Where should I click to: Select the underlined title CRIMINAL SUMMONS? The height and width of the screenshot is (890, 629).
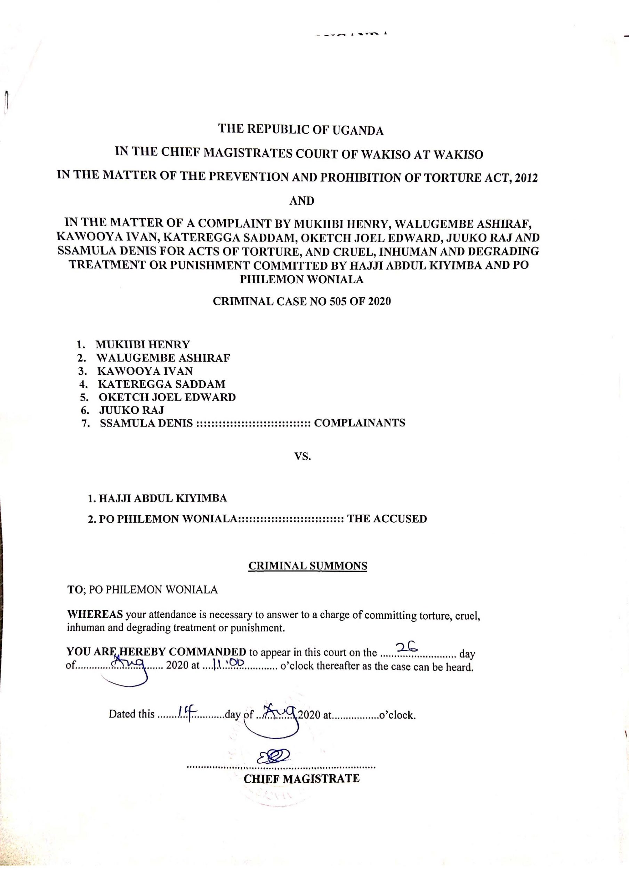point(307,566)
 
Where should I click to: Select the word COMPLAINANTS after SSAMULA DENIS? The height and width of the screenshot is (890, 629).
point(359,422)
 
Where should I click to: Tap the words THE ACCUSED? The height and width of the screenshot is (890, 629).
point(387,519)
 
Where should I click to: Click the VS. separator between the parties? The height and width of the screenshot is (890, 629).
point(302,456)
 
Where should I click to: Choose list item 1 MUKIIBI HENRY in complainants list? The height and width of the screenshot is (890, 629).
point(142,344)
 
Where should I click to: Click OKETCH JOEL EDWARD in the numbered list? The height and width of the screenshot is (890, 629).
point(167,397)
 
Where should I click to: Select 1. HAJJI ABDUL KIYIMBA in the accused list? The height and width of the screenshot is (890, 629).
point(157,498)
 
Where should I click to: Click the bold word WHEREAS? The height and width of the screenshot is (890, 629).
point(95,614)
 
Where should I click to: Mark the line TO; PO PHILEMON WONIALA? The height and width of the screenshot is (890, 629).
point(142,590)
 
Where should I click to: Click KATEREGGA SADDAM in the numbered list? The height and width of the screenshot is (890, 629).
point(161,384)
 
